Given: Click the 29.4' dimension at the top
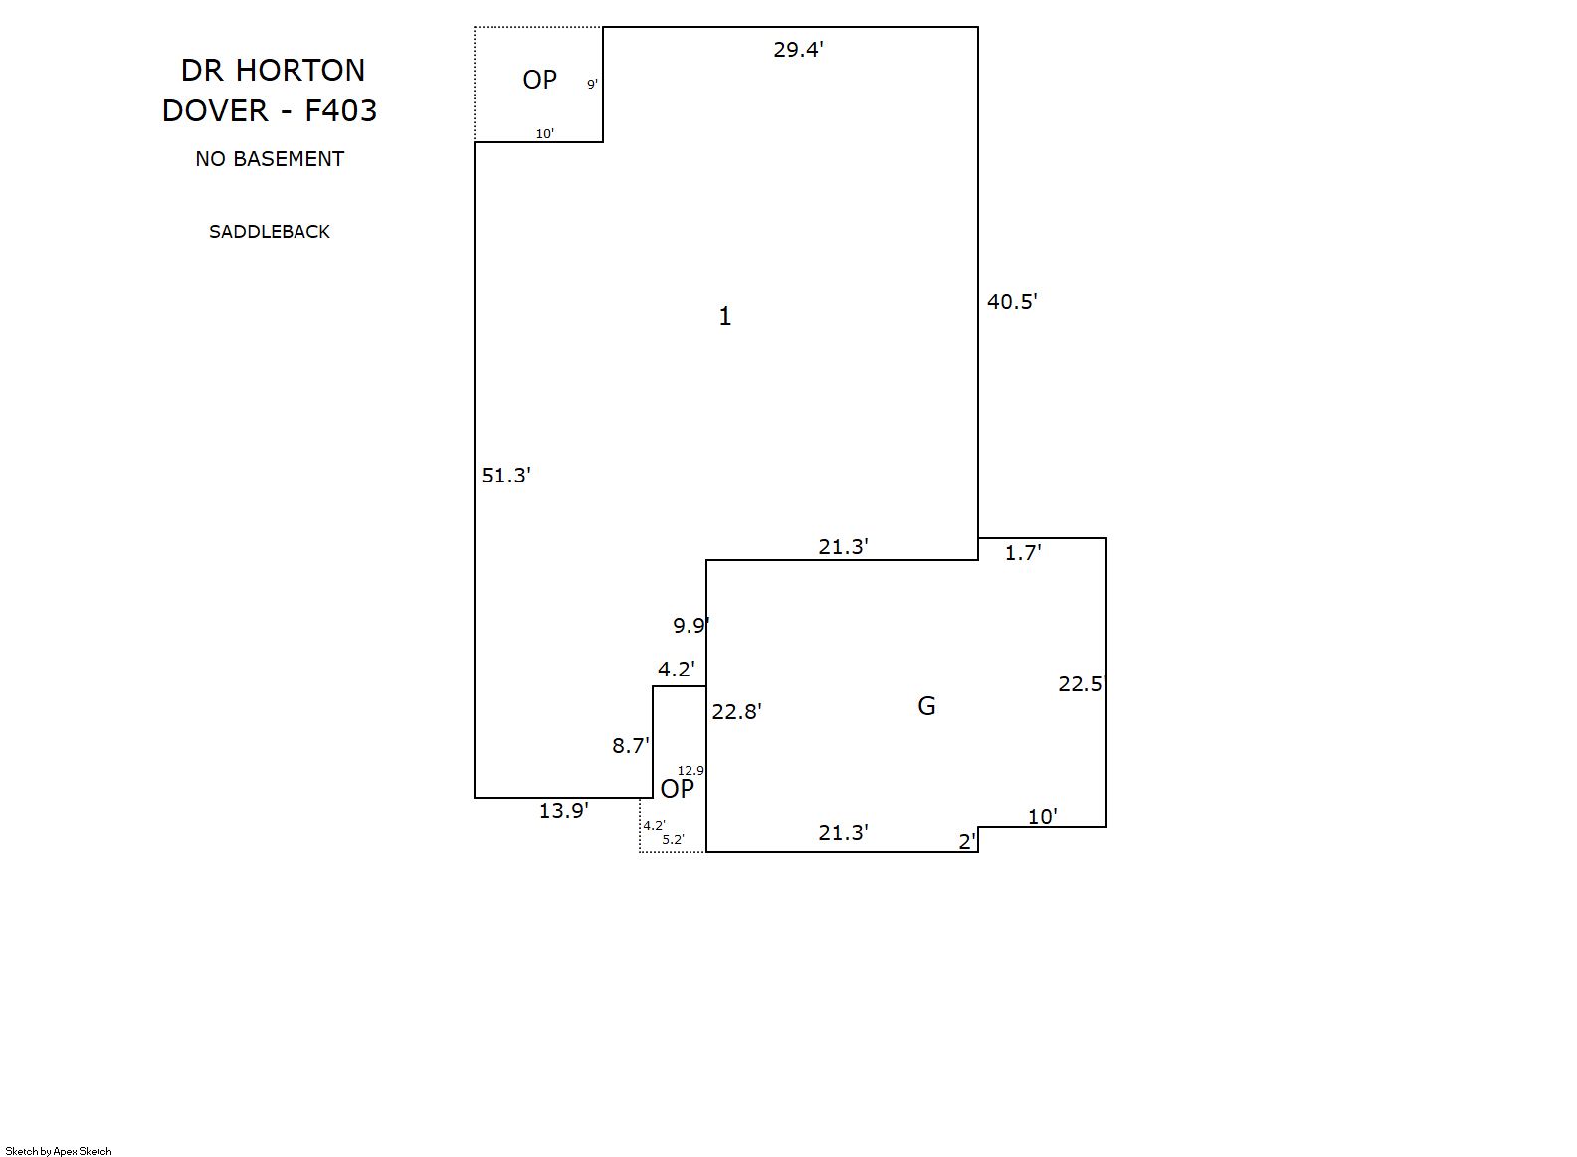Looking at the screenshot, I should pos(798,50).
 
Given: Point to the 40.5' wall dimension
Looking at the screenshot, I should pos(1012,302).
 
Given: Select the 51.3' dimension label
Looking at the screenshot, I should pos(506,476).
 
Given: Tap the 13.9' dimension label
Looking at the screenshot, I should pos(564,811).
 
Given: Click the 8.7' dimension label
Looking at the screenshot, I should pos(631,746).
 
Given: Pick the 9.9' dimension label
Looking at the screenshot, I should pos(690,626).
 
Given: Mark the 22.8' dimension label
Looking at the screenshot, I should pos(737,712).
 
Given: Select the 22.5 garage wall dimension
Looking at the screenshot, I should pos(1081,684).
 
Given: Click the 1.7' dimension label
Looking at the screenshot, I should pos(1023,554).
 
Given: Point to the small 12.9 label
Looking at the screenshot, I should pos(690,771).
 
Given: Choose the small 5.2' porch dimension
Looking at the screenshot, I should pos(674,840).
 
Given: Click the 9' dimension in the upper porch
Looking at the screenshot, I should pos(592,85).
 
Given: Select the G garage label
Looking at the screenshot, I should pos(926,706).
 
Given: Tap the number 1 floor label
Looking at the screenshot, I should pos(725,316).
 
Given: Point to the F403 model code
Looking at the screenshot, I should pos(341,110).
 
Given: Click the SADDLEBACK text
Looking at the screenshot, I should pos(270,232).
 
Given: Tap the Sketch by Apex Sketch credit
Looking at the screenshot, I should pos(59,1151).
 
